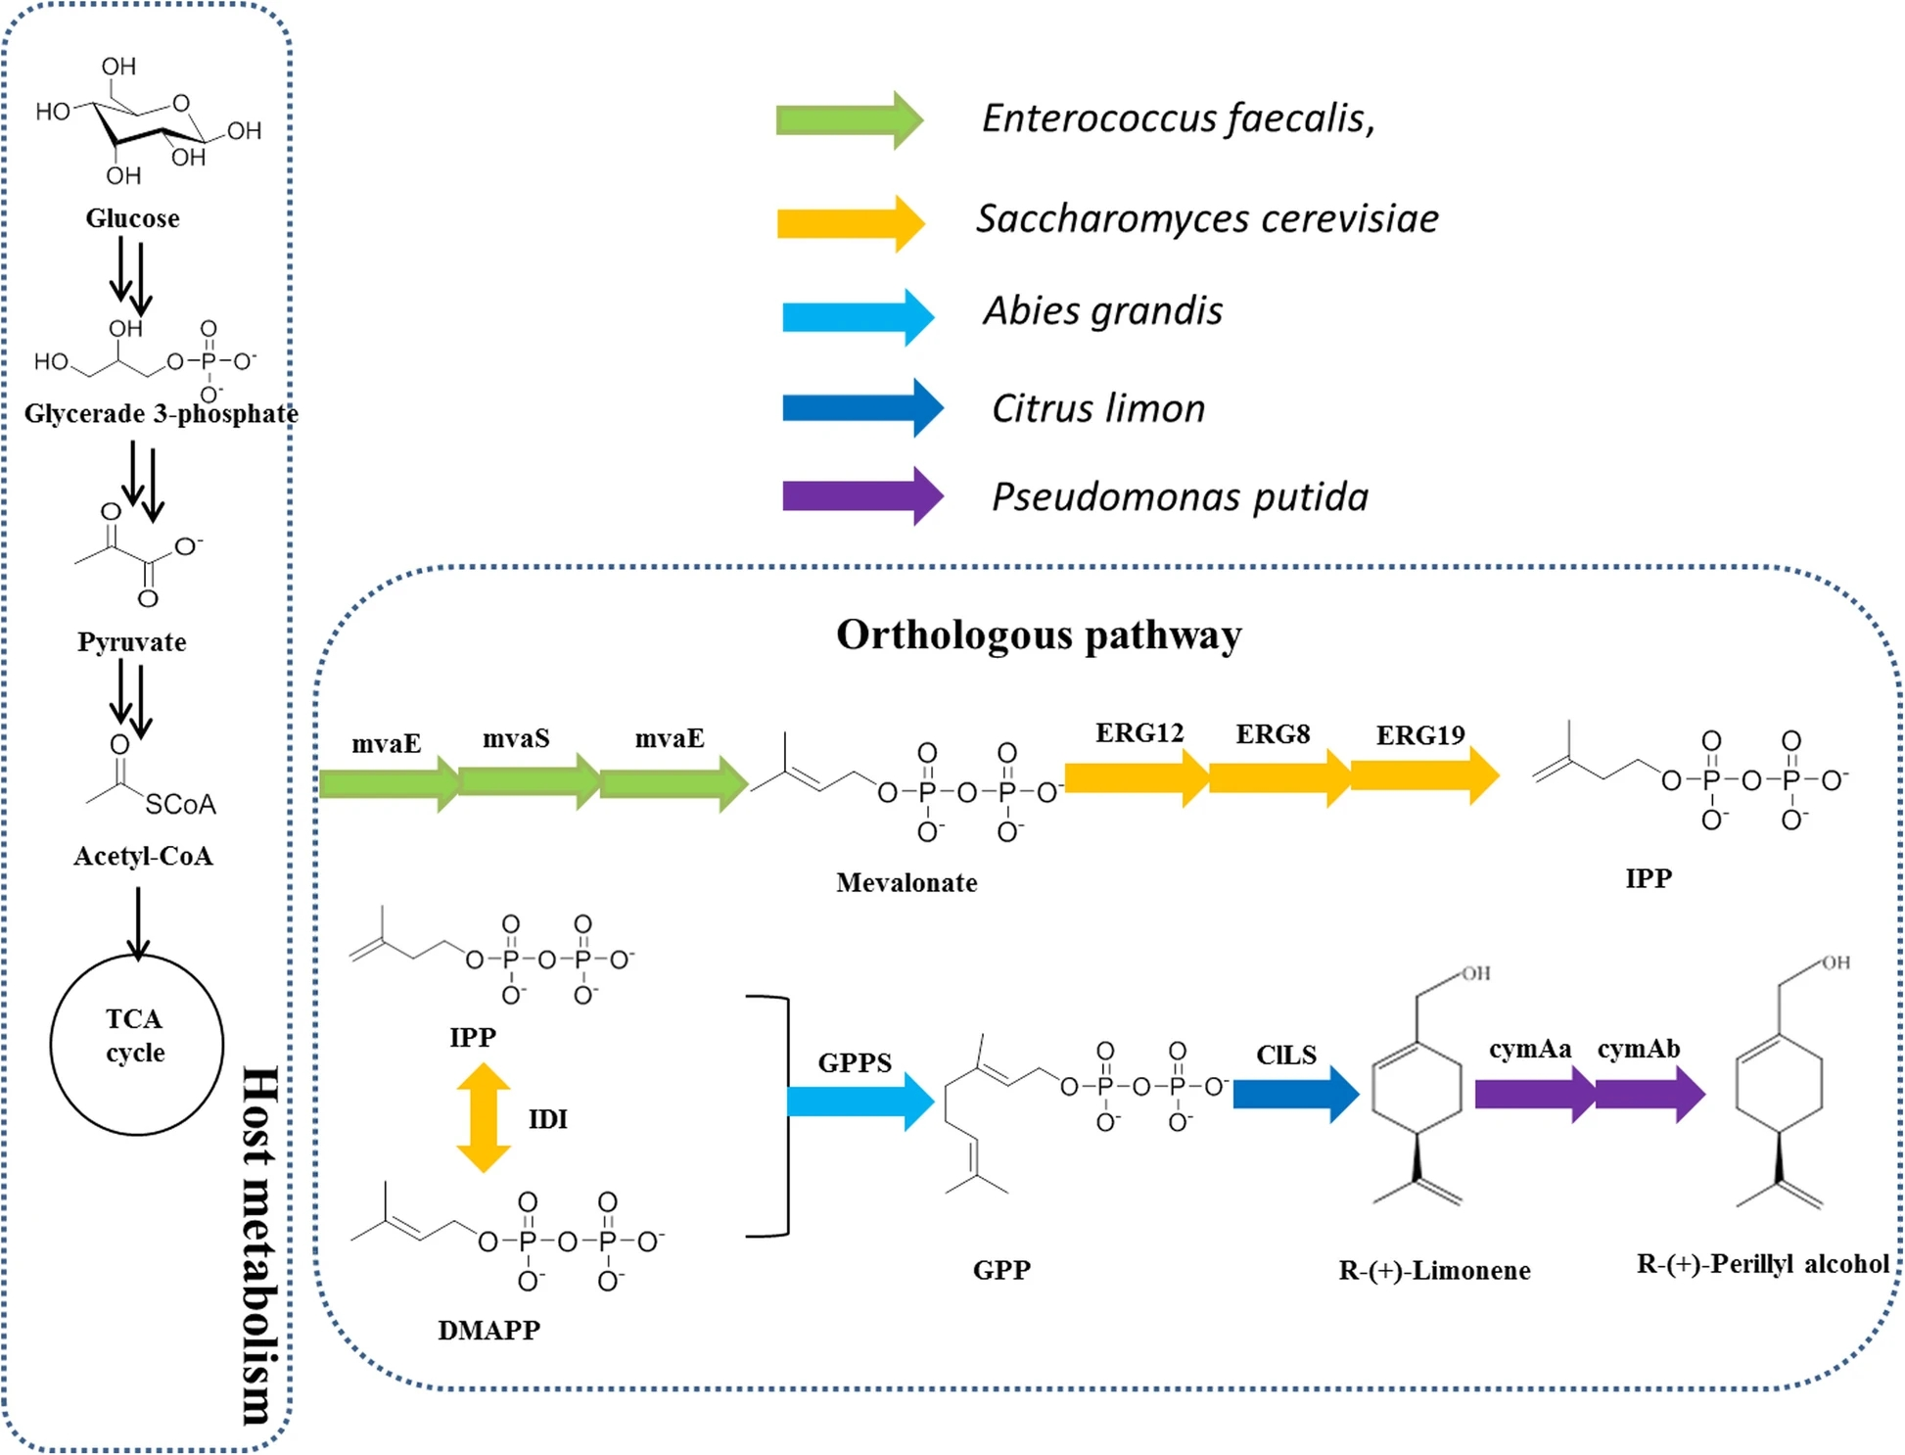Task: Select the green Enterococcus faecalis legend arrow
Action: coord(848,119)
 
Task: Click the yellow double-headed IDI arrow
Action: coord(484,1117)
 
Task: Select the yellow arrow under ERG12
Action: coord(1136,777)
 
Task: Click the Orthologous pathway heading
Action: coord(1039,634)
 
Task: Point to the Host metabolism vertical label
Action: coord(260,1244)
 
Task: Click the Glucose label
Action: coord(132,218)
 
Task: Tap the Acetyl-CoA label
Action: coord(143,857)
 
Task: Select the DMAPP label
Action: coord(488,1330)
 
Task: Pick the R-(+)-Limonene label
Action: coord(1434,1271)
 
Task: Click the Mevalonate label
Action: coord(906,883)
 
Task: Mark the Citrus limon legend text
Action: coord(1098,408)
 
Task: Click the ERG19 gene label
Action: coord(1420,735)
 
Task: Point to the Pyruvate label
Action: coord(132,642)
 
